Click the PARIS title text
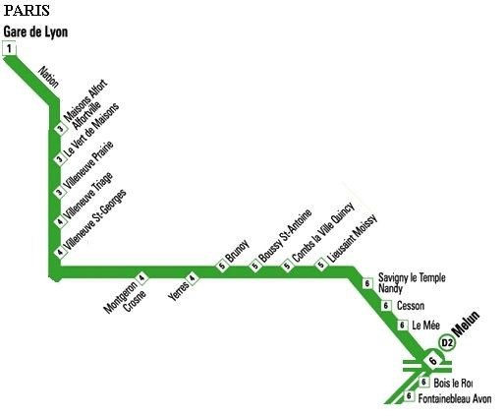pos(27,10)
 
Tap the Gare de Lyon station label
pos(35,32)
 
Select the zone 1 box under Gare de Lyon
pos(9,48)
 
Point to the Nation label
pos(49,77)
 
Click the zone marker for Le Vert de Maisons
pos(60,159)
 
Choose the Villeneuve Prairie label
pos(88,165)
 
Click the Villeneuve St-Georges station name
pos(95,219)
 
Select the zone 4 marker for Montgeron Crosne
pos(141,278)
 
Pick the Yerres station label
pos(179,291)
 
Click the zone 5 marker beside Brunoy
pos(222,266)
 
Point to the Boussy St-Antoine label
pos(285,236)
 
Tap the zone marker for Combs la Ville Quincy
pos(287,266)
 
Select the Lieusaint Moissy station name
pos(353,238)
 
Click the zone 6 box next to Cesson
pos(386,306)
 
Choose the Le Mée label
pos(425,326)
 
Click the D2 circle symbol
pos(447,342)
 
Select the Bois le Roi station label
pos(453,383)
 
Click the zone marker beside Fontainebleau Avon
pos(409,395)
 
